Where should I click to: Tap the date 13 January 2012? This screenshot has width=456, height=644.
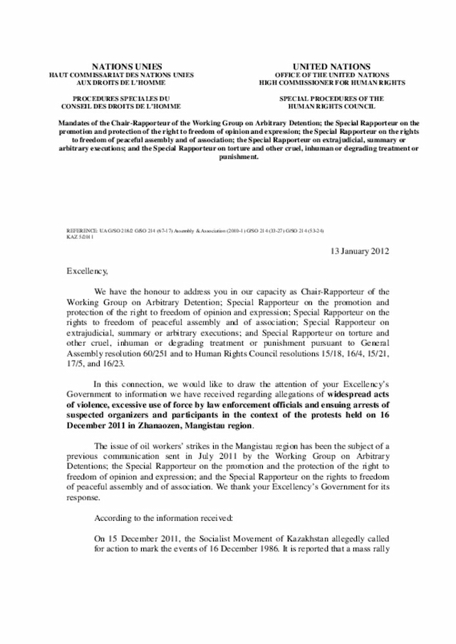pyautogui.click(x=361, y=251)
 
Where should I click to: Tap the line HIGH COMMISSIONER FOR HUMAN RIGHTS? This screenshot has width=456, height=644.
pyautogui.click(x=331, y=82)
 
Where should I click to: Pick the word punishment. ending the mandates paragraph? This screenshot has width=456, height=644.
pyautogui.click(x=228, y=158)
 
